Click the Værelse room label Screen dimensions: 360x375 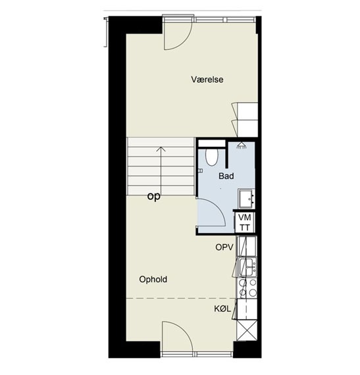(207, 80)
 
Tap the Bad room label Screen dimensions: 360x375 (226, 176)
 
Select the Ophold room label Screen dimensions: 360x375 (153, 280)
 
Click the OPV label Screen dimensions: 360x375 (224, 247)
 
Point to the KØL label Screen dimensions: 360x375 (222, 309)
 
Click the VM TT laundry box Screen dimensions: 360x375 (245, 222)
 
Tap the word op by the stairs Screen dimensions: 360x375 (154, 197)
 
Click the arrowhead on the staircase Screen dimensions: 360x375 (161, 149)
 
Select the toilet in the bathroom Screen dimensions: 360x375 (212, 158)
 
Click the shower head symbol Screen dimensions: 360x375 (242, 145)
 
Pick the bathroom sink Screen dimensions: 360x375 (246, 199)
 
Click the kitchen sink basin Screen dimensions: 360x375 (247, 267)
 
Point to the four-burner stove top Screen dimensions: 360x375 (247, 288)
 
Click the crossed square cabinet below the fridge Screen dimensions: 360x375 (247, 330)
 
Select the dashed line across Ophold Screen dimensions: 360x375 (181, 299)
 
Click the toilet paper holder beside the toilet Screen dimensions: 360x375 (201, 171)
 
